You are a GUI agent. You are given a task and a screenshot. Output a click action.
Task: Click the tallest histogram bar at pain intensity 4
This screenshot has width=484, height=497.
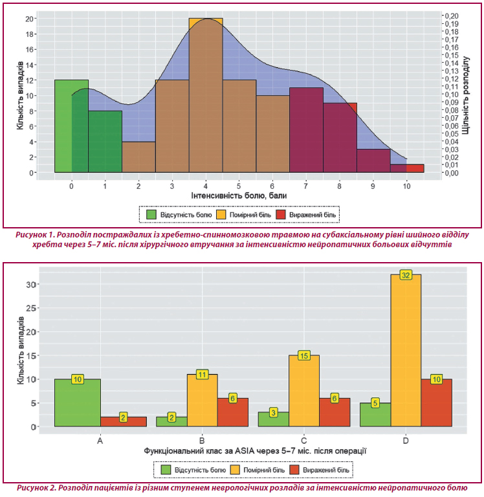tap(206, 95)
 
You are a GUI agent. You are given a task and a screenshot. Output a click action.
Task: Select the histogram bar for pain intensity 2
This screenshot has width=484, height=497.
tap(138, 157)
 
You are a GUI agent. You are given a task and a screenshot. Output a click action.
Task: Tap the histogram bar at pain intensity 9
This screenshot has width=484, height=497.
tap(373, 160)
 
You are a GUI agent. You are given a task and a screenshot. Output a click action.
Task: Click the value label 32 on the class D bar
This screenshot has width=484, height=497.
tap(406, 275)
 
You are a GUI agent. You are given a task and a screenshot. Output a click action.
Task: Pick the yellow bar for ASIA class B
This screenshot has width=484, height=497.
tap(203, 401)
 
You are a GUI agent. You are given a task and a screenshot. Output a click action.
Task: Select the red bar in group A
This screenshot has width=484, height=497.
tap(124, 422)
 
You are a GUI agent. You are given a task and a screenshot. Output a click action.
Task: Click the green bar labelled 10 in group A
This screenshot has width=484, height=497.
tap(78, 403)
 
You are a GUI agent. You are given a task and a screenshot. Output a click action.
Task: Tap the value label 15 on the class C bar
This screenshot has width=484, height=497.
tap(304, 356)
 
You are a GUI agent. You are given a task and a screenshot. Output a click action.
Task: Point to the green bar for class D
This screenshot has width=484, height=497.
tap(375, 415)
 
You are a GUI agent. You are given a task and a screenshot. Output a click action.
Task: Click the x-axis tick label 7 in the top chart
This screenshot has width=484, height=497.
tap(306, 186)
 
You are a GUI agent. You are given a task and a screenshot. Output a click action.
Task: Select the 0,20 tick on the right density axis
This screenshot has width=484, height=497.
tap(452, 16)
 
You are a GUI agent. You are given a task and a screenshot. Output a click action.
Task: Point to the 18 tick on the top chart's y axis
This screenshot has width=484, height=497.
tap(29, 34)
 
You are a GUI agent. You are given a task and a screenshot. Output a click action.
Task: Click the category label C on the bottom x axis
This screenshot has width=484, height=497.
tap(304, 440)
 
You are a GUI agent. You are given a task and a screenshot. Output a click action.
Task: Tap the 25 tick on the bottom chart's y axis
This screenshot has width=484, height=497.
tap(31, 308)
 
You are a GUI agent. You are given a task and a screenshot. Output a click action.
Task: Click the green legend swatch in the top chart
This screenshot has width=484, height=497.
tap(151, 215)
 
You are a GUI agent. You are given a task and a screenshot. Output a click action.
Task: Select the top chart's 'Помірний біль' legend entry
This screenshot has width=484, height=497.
tap(244, 215)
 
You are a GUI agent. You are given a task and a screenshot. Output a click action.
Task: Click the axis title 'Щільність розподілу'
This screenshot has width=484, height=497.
tap(466, 95)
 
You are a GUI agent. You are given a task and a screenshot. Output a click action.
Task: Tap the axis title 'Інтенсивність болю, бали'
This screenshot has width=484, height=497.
tap(239, 195)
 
